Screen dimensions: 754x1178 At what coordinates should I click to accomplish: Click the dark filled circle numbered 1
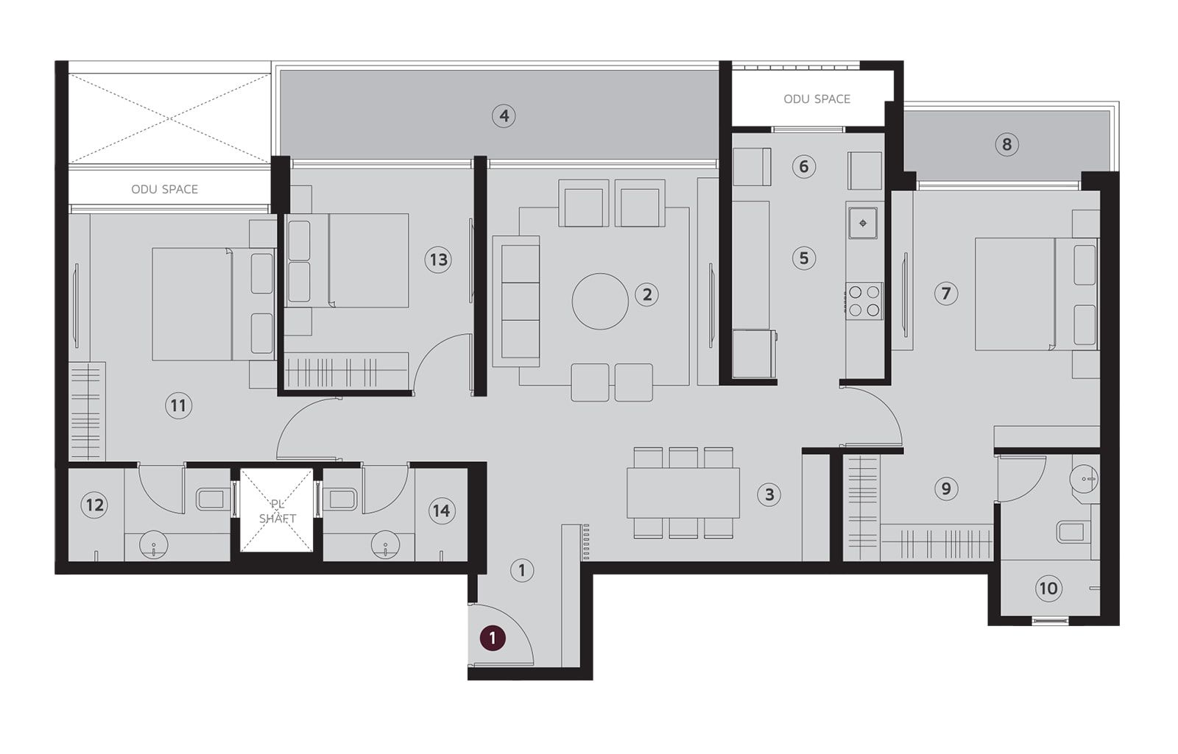click(x=493, y=638)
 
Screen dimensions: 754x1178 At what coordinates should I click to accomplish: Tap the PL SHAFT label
click(x=277, y=511)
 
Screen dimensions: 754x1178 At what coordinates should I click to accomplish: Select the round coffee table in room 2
click(x=600, y=301)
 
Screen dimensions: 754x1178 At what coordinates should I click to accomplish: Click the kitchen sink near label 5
click(x=863, y=223)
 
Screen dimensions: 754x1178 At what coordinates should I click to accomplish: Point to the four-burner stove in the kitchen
click(x=864, y=301)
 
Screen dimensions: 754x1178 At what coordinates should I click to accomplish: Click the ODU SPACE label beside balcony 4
click(x=817, y=99)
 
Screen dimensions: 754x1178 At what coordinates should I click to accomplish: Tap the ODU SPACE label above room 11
click(x=164, y=189)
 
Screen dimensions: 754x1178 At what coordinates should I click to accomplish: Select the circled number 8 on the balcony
click(x=1006, y=144)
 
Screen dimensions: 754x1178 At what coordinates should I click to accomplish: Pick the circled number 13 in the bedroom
click(x=437, y=260)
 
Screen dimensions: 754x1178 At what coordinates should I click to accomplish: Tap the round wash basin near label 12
click(x=153, y=545)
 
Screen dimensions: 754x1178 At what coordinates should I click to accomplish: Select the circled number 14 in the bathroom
click(x=441, y=511)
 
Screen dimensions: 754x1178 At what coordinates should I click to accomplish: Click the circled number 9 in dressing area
click(x=945, y=488)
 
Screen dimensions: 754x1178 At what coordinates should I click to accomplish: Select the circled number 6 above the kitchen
click(x=803, y=167)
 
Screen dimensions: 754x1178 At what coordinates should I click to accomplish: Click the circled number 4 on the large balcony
click(x=504, y=115)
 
